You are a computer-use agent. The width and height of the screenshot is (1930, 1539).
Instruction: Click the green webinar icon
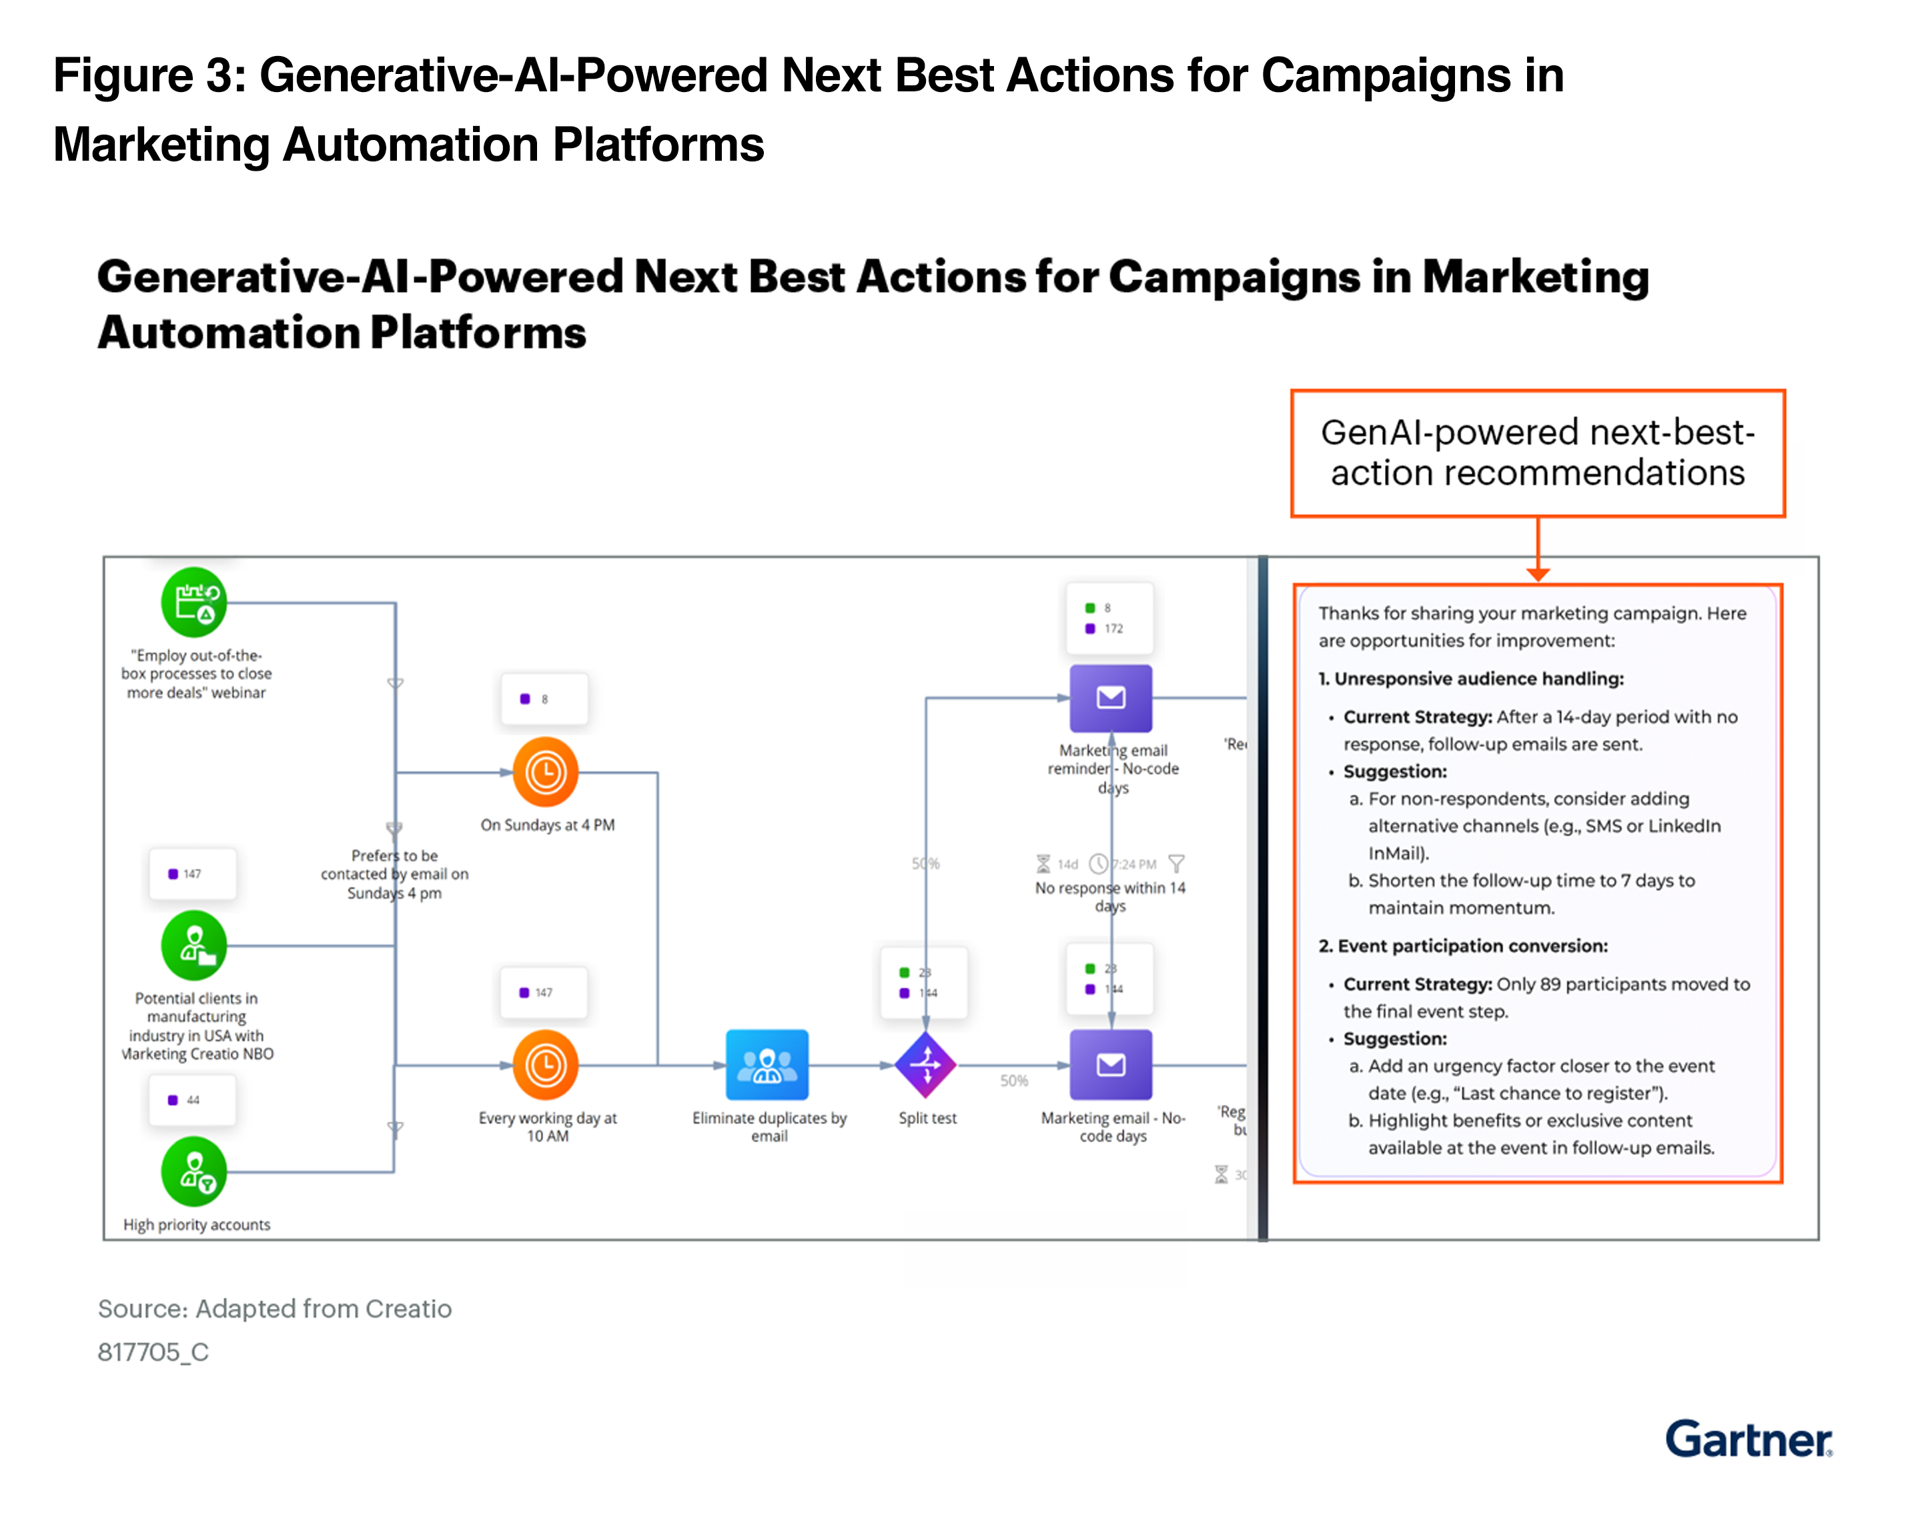(x=194, y=601)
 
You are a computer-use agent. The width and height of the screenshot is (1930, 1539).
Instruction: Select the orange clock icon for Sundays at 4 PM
(x=545, y=772)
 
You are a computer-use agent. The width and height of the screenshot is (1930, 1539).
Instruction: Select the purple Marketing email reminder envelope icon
(x=1110, y=697)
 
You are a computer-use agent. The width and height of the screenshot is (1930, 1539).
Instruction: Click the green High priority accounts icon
(x=194, y=1170)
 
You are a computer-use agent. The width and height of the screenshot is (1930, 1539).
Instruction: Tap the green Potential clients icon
(x=194, y=945)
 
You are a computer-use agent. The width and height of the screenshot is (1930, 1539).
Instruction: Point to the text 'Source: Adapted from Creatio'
(x=274, y=1308)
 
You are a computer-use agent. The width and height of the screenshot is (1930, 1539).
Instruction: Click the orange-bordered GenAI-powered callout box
(x=1537, y=453)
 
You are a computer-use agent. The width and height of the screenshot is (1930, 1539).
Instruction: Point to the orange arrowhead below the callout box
(x=1537, y=573)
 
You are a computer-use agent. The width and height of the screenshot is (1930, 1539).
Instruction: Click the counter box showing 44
(x=192, y=1100)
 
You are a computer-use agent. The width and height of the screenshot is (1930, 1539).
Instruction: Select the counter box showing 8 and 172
(x=1109, y=617)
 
